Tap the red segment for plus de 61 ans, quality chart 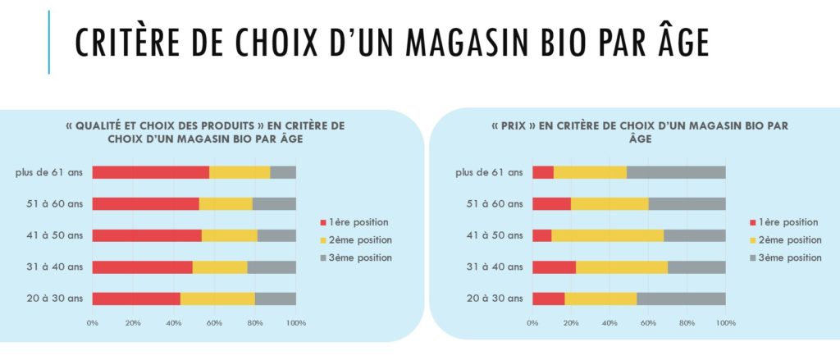click(x=150, y=172)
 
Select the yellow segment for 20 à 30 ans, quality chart click(x=217, y=298)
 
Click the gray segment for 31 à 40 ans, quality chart click(x=272, y=267)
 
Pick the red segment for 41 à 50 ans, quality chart click(x=147, y=235)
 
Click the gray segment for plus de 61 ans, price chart click(x=676, y=172)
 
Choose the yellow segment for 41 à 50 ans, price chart click(x=607, y=235)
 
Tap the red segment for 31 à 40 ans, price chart click(x=554, y=267)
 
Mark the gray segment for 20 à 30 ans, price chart click(x=681, y=298)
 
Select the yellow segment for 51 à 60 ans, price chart click(x=609, y=203)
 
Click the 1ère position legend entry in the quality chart click(x=358, y=221)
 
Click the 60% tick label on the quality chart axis click(x=214, y=323)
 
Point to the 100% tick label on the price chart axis click(x=726, y=323)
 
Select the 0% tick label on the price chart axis click(x=532, y=323)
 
